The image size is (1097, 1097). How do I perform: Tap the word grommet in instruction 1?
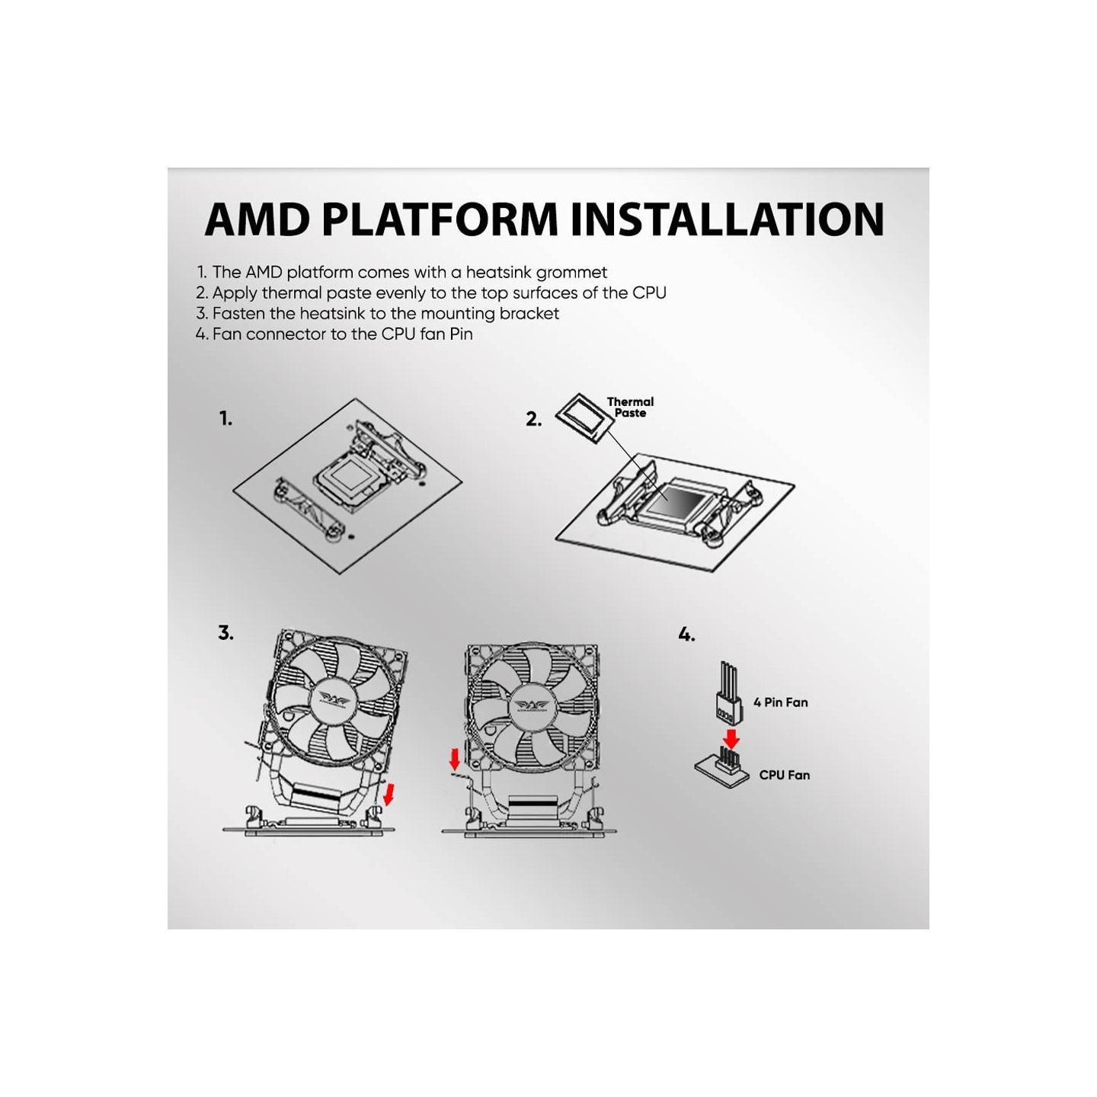point(571,272)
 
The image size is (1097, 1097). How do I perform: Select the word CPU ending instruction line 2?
point(649,293)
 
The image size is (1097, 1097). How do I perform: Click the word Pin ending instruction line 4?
point(461,334)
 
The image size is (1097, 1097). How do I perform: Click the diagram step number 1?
point(225,418)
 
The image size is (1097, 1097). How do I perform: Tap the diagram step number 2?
point(533,419)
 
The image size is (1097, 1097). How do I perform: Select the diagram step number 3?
point(225,633)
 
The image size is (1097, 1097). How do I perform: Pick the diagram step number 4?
point(686,635)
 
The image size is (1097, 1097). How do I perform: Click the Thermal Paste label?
point(630,408)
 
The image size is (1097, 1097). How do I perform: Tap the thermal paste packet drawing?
point(584,417)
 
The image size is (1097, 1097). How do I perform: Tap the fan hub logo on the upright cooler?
point(530,704)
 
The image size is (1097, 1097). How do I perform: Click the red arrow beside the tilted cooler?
point(390,793)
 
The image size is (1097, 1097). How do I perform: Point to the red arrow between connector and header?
point(731,737)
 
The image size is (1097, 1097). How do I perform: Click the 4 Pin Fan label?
point(780,702)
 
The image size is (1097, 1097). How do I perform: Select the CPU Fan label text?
point(784,775)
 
